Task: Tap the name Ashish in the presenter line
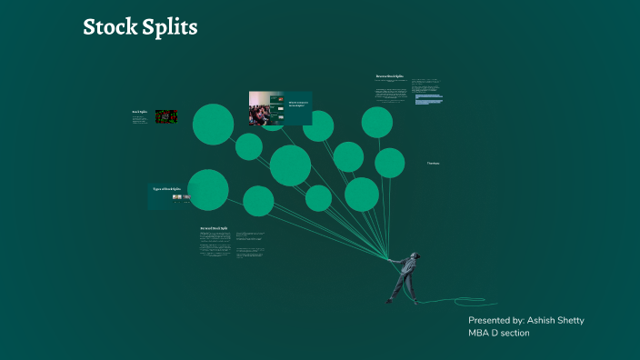pos(551,321)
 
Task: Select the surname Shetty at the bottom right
pos(594,321)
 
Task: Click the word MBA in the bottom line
pos(480,334)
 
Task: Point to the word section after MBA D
pos(513,334)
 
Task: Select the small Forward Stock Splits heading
pos(214,228)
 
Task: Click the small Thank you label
pos(434,163)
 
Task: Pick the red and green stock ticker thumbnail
pos(165,117)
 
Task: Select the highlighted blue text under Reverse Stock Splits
pos(428,97)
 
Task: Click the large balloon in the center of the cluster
pos(291,165)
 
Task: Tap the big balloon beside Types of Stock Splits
pos(208,189)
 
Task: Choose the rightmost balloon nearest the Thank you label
pos(390,163)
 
